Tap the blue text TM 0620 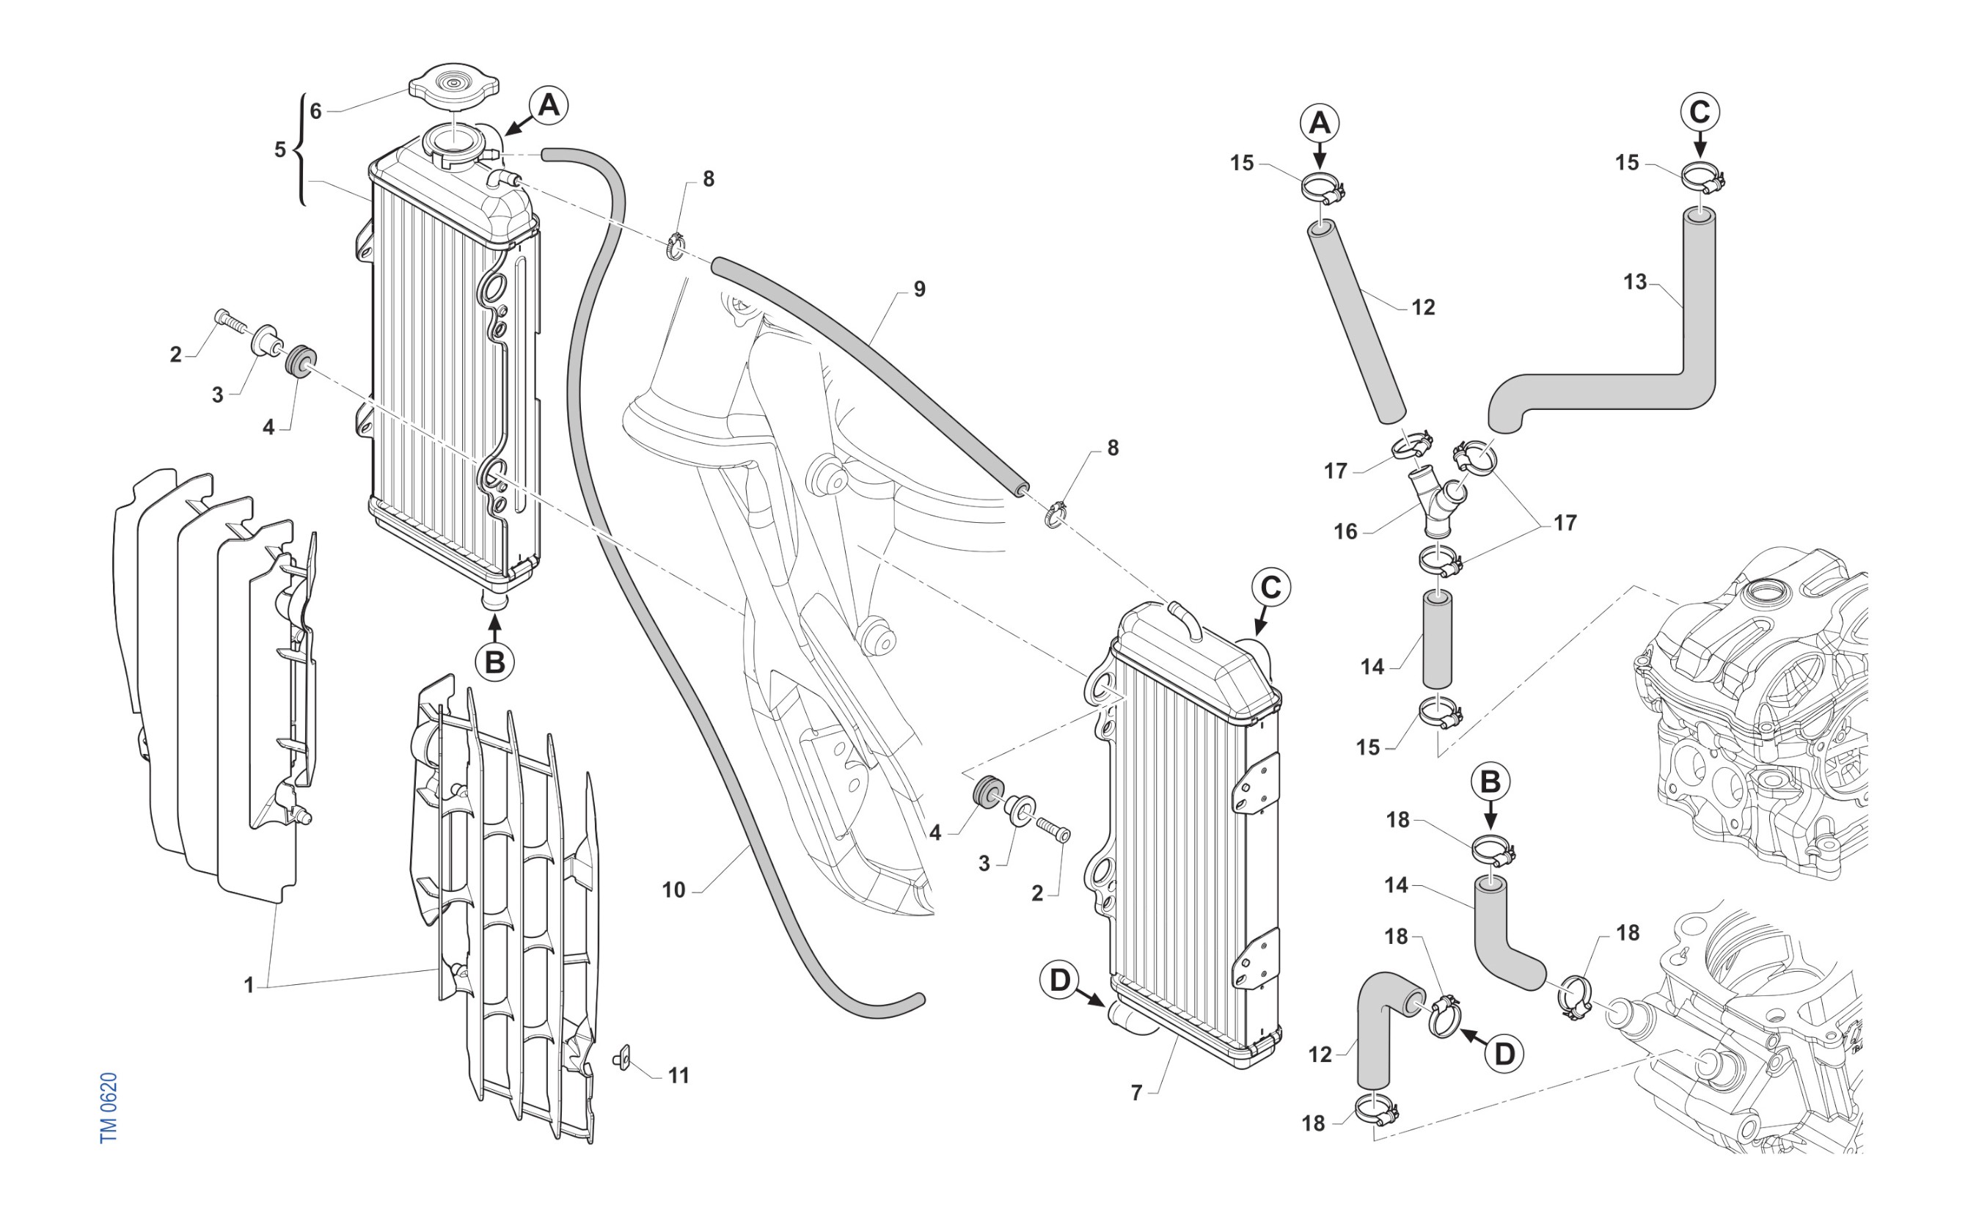pyautogui.click(x=109, y=1107)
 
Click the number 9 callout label pyautogui.click(x=919, y=289)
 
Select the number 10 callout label pyautogui.click(x=673, y=890)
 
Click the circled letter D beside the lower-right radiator pyautogui.click(x=1060, y=981)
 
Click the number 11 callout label pyautogui.click(x=678, y=1075)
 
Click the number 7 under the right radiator pyautogui.click(x=1136, y=1092)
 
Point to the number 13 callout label pyautogui.click(x=1635, y=282)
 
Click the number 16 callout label pyautogui.click(x=1345, y=532)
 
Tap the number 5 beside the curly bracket pyautogui.click(x=280, y=150)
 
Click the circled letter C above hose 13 pyautogui.click(x=1700, y=111)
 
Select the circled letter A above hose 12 pyautogui.click(x=1320, y=123)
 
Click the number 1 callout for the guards pyautogui.click(x=249, y=984)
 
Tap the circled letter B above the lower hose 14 pyautogui.click(x=1490, y=782)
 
